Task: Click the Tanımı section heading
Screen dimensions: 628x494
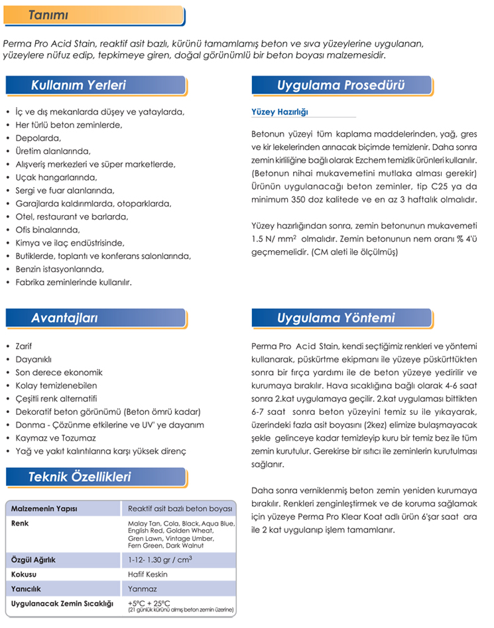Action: click(x=49, y=15)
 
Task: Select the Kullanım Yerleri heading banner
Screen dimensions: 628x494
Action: click(x=78, y=85)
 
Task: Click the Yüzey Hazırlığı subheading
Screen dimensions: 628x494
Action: click(x=280, y=112)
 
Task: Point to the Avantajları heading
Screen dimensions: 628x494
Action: click(x=64, y=318)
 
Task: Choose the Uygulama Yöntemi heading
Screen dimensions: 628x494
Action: click(x=336, y=318)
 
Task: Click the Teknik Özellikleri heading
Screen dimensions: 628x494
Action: click(x=80, y=477)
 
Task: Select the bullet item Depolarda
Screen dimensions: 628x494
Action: click(x=38, y=138)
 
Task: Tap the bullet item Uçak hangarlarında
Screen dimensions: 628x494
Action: click(x=56, y=177)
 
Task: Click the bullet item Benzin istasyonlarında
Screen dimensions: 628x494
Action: click(x=60, y=269)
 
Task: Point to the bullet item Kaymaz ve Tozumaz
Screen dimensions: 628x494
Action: click(x=56, y=438)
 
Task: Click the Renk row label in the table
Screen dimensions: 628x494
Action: click(x=20, y=523)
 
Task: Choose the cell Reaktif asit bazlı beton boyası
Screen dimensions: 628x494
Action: click(x=180, y=509)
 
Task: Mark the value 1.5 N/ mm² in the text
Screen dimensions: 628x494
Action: click(x=275, y=239)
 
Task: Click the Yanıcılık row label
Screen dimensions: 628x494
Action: click(x=27, y=589)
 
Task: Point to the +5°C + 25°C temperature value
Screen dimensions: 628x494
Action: click(x=149, y=603)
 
